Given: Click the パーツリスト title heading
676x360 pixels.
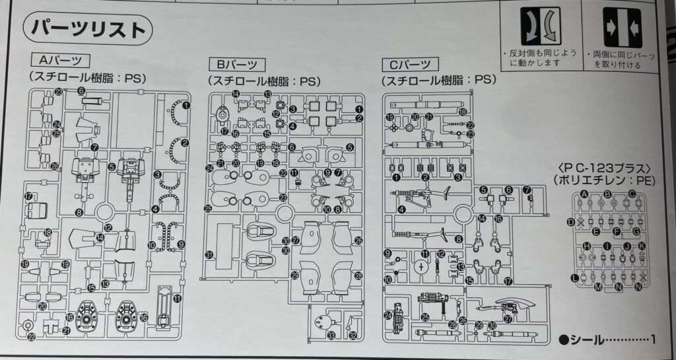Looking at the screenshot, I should point(88,30).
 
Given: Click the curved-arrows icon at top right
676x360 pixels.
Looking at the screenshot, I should point(541,26).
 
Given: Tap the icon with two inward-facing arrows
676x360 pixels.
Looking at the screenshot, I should point(622,26).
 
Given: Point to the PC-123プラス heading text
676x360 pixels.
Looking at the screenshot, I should point(605,166).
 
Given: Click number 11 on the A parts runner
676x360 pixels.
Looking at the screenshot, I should point(178,299).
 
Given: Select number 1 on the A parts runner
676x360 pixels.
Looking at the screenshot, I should point(186,104).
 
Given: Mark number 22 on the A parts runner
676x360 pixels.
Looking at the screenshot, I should point(32,337).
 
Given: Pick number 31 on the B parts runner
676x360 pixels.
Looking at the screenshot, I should point(209,254).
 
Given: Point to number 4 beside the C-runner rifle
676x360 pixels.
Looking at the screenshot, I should point(401,210).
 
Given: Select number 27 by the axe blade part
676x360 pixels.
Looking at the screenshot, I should point(508,317).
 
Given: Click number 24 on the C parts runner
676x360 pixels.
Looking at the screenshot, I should point(388,315).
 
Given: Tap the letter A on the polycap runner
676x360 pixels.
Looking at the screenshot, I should point(584,194).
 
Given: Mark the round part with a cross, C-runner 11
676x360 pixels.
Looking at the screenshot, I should point(421,266).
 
